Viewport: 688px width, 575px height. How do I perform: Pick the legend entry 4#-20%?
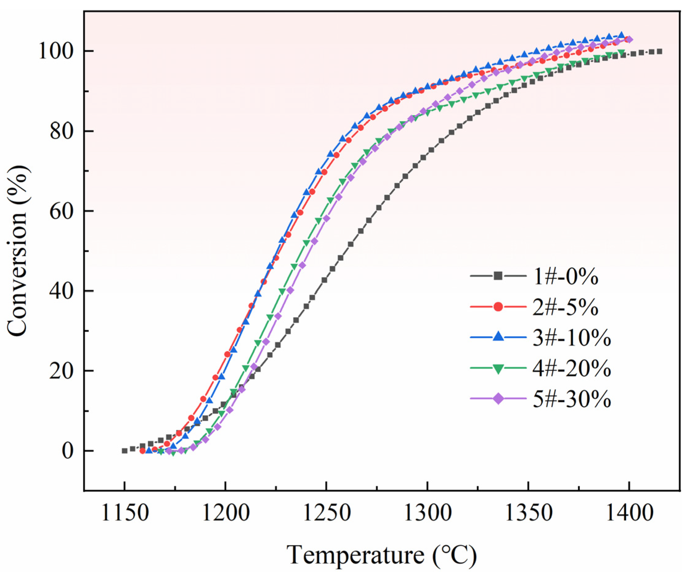[572, 370]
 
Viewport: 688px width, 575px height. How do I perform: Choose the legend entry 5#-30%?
[572, 399]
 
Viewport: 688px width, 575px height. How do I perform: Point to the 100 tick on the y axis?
[56, 51]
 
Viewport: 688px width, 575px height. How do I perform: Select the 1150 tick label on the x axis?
[125, 514]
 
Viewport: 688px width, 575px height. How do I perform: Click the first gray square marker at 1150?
[125, 451]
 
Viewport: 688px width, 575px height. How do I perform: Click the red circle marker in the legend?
[498, 307]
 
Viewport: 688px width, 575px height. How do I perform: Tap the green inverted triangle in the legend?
[498, 369]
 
